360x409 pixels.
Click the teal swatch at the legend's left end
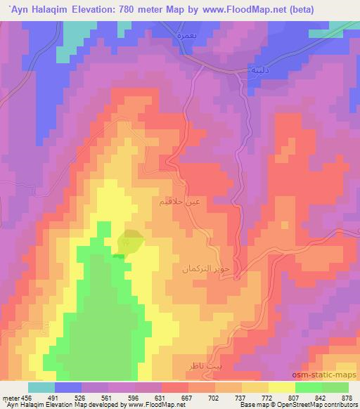click(x=41, y=387)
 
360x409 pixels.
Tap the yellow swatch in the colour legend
click(x=282, y=387)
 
